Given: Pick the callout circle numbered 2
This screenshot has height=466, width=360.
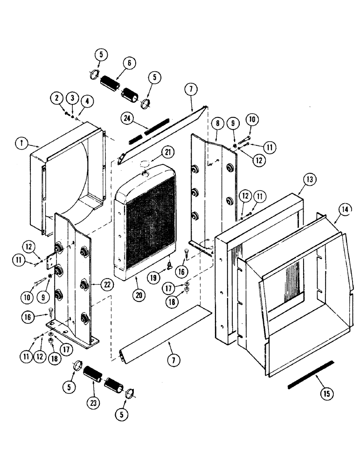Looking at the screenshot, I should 56,98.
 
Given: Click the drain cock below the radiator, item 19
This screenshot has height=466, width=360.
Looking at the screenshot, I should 170,267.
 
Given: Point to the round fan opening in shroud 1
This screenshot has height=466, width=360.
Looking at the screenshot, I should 75,177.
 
